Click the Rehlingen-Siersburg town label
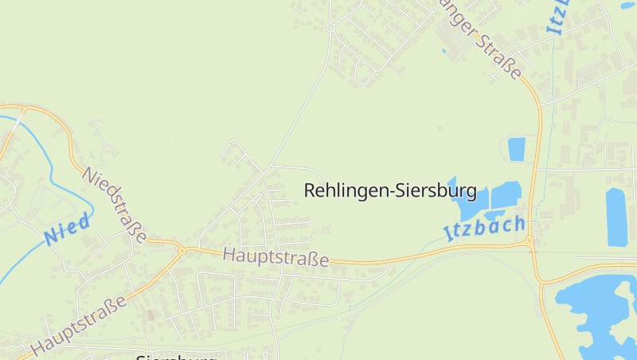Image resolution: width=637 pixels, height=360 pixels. click(390, 191)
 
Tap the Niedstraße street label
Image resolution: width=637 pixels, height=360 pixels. click(115, 205)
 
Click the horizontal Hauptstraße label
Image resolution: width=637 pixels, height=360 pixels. click(276, 257)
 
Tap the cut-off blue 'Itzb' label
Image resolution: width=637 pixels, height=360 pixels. click(558, 16)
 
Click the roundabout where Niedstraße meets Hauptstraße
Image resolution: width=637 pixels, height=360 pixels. click(182, 250)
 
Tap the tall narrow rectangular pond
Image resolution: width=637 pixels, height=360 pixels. click(616, 217)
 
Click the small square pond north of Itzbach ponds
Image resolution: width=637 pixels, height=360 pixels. click(517, 149)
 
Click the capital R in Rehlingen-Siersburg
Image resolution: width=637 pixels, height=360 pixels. click(310, 191)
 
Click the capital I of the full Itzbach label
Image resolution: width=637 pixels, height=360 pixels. click(447, 234)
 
